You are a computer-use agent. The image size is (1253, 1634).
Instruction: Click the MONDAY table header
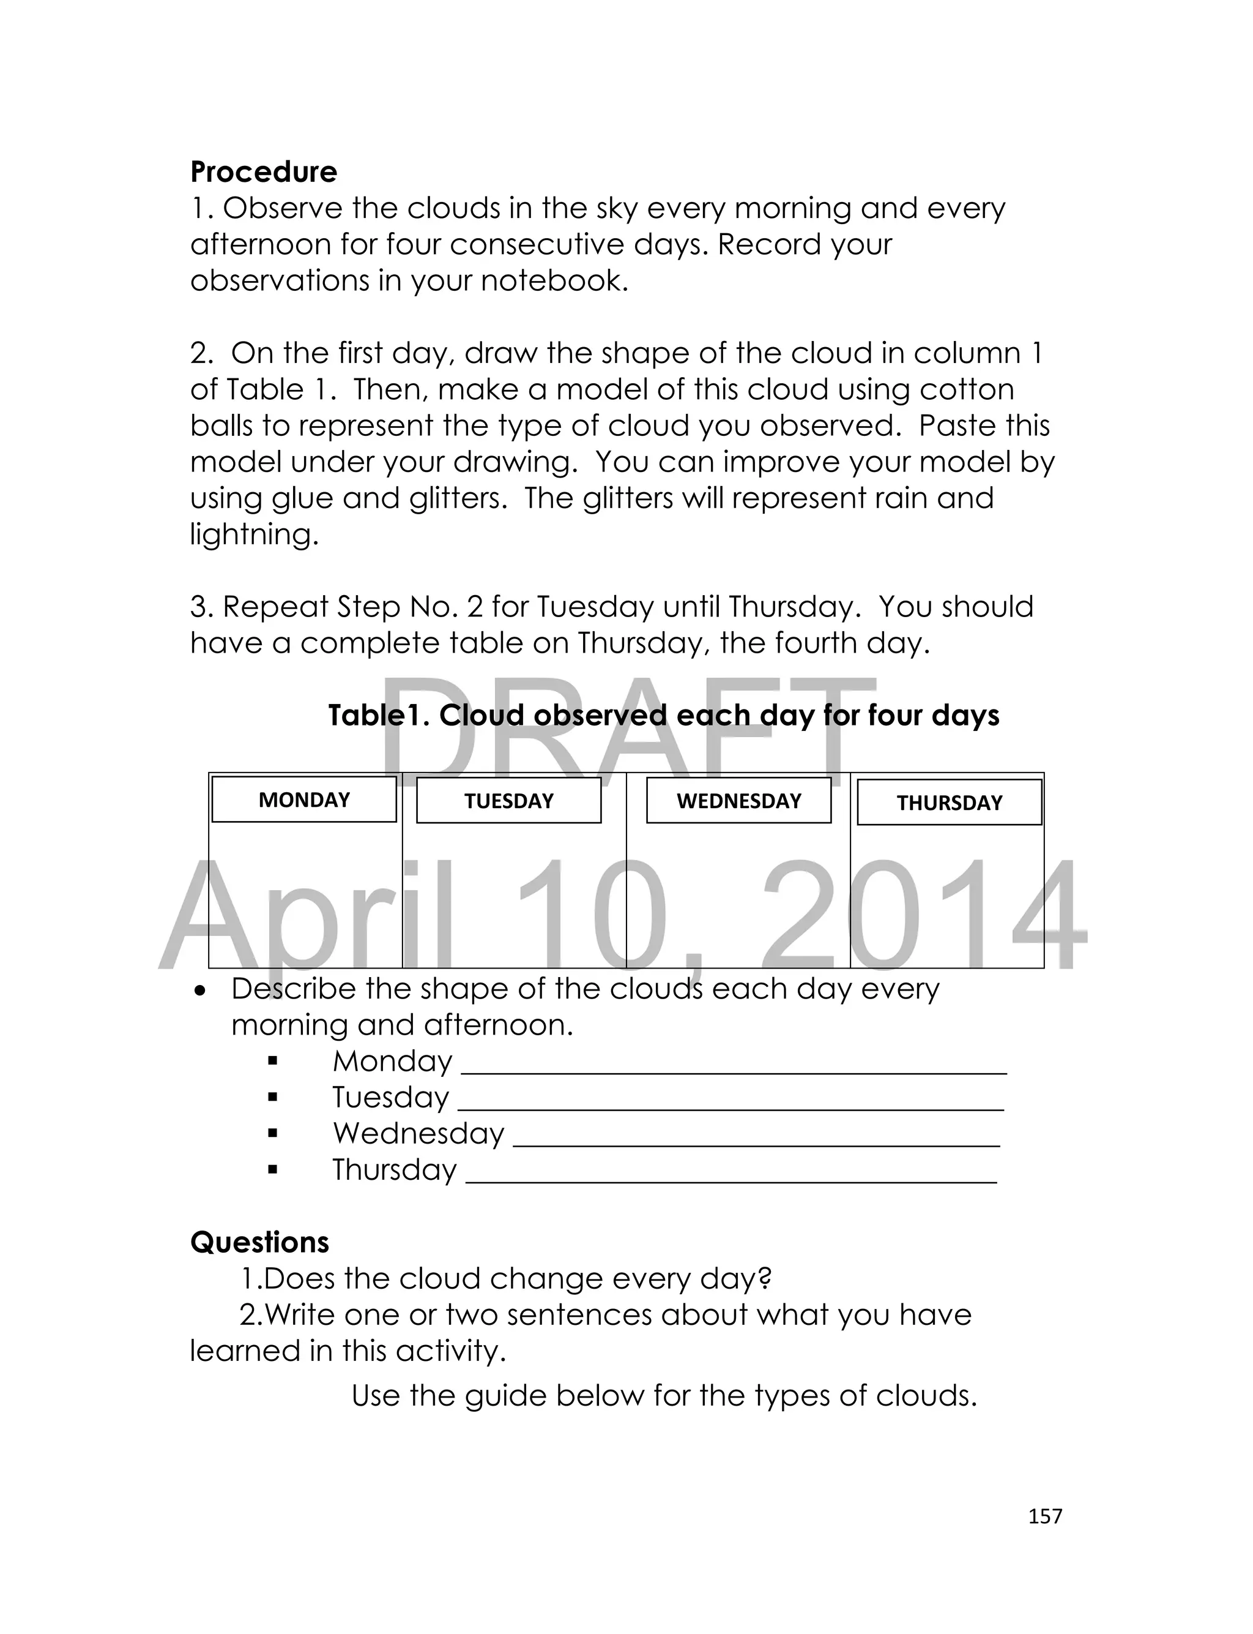point(303,800)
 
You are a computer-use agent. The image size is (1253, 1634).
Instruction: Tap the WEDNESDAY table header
point(738,801)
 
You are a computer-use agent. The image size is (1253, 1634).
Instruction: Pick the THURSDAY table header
point(950,803)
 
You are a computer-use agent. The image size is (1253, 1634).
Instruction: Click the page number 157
point(1044,1516)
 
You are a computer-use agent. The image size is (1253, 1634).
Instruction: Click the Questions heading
point(259,1242)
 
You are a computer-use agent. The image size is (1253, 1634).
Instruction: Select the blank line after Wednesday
point(756,1143)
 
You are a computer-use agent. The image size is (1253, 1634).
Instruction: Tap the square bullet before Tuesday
point(272,1098)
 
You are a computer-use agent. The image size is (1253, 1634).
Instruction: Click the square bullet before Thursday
point(272,1170)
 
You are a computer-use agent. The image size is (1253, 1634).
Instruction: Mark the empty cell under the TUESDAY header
point(514,895)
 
